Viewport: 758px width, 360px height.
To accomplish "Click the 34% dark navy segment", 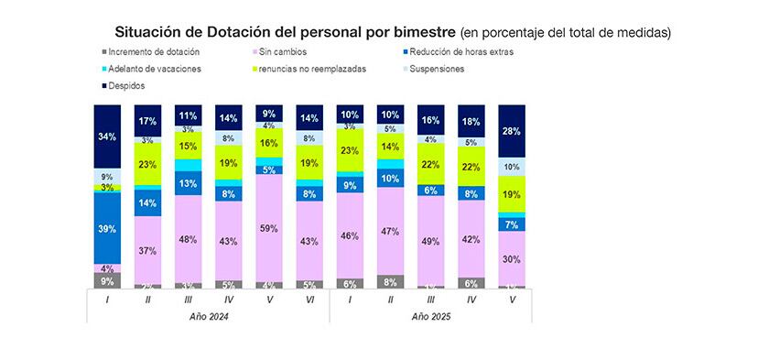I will tap(107, 137).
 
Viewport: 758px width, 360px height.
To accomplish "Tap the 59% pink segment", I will tap(269, 227).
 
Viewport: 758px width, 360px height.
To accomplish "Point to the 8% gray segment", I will tap(391, 282).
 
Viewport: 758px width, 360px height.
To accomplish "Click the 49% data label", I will tap(431, 241).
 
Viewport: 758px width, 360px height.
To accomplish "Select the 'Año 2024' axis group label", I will tap(208, 315).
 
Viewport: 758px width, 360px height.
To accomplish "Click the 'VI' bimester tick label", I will tap(309, 298).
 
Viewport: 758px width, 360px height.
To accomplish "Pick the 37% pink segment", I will tap(147, 251).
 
